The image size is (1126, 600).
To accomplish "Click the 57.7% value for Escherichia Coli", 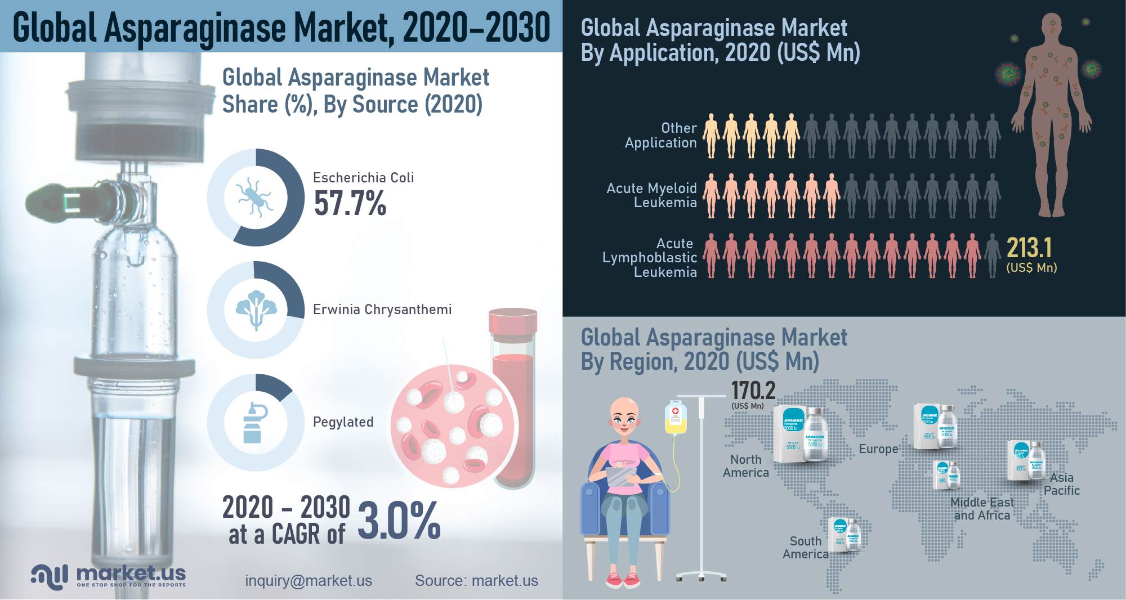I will (x=350, y=203).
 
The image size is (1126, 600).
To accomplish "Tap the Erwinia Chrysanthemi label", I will (x=382, y=310).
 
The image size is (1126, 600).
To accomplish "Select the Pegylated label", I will (x=343, y=422).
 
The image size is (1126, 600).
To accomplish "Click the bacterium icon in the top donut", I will (x=255, y=197).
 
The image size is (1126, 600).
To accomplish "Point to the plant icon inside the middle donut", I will (x=256, y=310).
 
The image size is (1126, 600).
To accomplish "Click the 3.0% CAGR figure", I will (x=399, y=521).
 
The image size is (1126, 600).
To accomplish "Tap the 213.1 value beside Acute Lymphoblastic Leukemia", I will (x=1029, y=248).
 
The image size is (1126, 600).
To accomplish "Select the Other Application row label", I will (x=661, y=136).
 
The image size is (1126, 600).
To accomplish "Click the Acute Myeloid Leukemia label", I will (x=652, y=195).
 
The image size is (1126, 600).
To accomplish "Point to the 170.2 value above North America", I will (x=753, y=391).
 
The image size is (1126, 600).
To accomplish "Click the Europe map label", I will (x=878, y=449).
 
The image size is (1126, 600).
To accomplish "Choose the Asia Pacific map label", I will (x=1061, y=484).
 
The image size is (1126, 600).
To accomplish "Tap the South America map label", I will (x=805, y=548).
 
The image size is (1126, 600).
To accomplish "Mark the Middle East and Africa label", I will (x=981, y=509).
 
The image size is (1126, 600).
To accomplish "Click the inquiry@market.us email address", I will (x=309, y=581).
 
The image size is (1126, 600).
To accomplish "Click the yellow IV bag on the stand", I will (x=676, y=418).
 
